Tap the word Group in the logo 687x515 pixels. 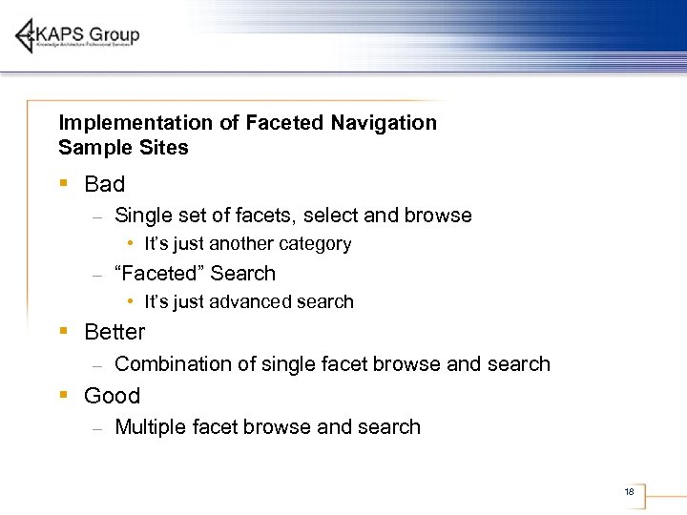[115, 34]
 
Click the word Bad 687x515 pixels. [104, 184]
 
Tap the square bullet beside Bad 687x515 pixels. [63, 182]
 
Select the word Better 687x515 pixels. [114, 332]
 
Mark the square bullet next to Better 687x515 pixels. [63, 330]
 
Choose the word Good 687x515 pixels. [112, 396]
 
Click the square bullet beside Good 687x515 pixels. [63, 394]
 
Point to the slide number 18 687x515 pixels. [629, 492]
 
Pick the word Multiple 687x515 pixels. [148, 427]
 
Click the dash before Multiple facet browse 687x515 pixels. [97, 429]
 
